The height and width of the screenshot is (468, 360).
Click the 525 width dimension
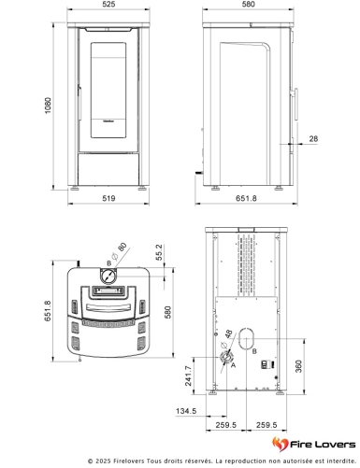(x=108, y=4)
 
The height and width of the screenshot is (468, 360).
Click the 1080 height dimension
(x=48, y=106)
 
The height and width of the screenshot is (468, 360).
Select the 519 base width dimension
(x=108, y=198)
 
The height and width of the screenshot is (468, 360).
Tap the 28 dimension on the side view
(x=313, y=139)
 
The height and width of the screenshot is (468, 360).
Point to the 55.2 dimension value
(x=159, y=252)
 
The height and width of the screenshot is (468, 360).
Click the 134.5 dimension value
(x=186, y=411)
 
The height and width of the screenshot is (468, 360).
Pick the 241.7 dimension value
(x=189, y=376)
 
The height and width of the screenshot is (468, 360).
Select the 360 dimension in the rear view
(x=298, y=366)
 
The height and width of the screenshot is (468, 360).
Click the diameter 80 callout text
(x=119, y=251)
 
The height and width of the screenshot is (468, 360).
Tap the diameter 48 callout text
(x=226, y=339)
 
